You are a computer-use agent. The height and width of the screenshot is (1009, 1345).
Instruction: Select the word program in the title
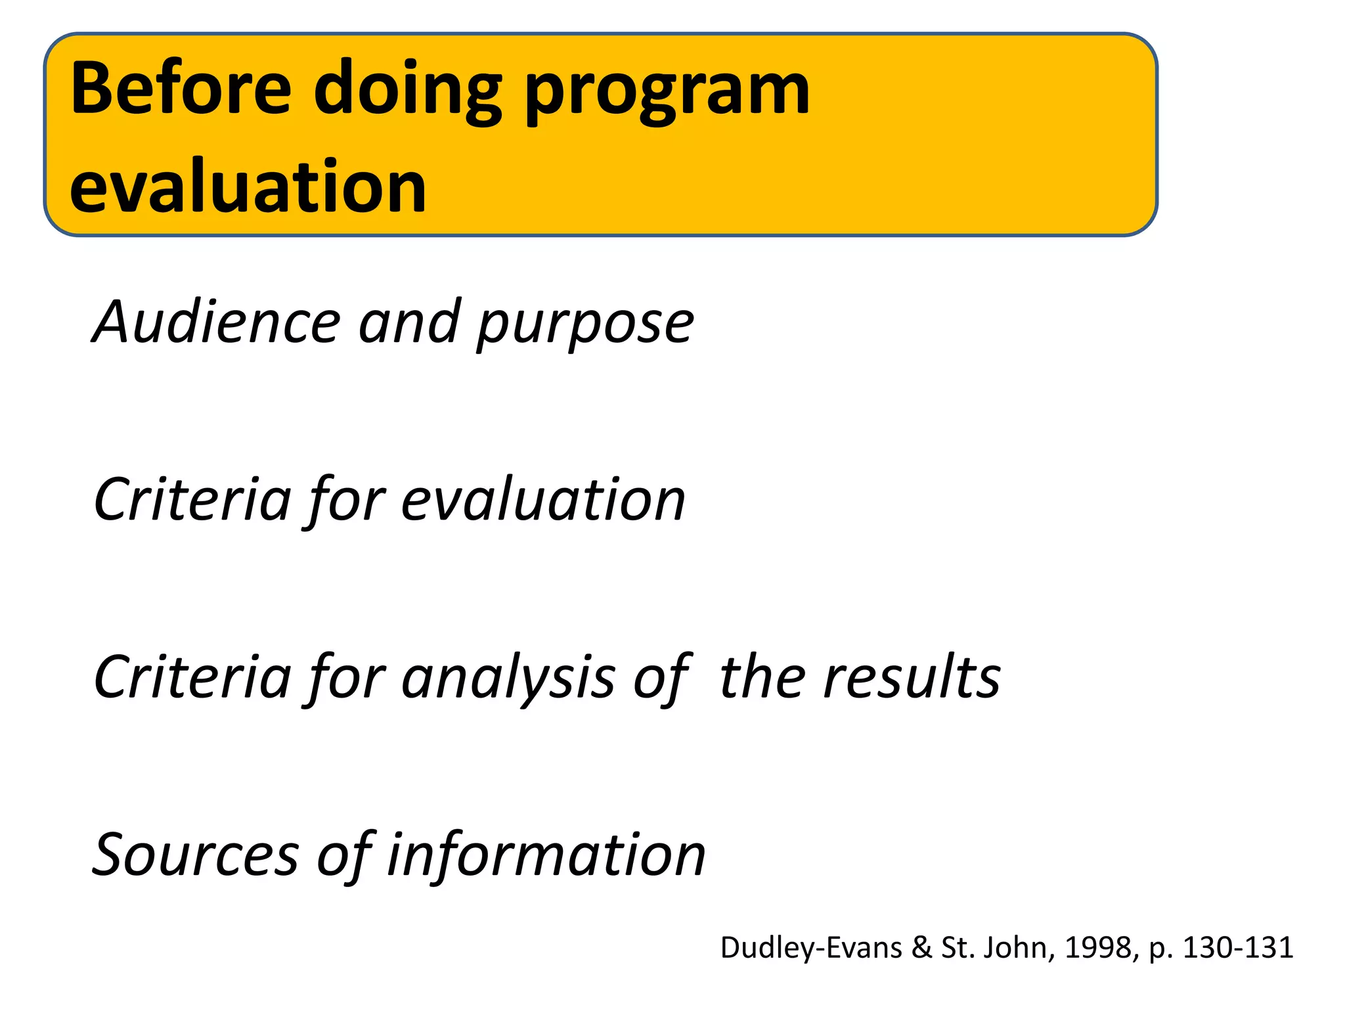(x=667, y=92)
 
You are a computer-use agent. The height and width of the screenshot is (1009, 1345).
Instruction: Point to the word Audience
(x=217, y=322)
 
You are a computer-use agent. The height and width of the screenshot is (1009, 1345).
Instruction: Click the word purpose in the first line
(x=585, y=325)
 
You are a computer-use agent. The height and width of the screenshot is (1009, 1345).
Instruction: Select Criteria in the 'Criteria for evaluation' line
(x=192, y=500)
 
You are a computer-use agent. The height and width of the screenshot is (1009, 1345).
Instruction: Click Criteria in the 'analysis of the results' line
(x=192, y=677)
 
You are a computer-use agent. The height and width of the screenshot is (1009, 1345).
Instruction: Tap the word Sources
(x=196, y=855)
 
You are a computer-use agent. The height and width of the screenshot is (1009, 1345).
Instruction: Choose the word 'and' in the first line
(x=409, y=322)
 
